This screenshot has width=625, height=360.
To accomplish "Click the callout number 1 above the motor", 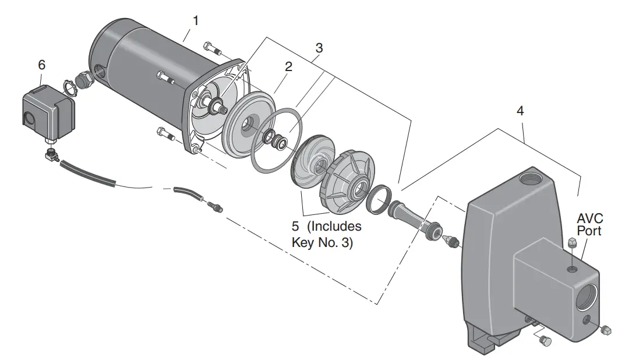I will (196, 20).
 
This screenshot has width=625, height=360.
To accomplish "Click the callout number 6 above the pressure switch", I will (41, 65).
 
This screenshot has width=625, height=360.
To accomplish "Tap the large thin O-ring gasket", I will (277, 140).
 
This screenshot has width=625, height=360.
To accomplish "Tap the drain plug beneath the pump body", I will (546, 341).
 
